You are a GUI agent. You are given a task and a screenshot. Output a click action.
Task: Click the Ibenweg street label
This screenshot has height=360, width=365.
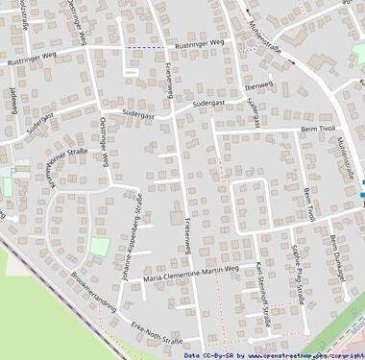point(259,84)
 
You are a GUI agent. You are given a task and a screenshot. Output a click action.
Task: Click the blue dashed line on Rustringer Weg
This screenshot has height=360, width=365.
point(145,46)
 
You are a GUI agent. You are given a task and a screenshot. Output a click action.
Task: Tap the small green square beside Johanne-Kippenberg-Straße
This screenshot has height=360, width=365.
point(100,247)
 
